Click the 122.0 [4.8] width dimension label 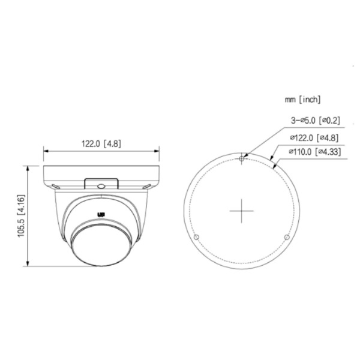click(101, 143)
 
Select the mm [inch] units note click(302, 98)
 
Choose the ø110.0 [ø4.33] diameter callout click(314, 152)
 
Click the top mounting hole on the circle click(241, 159)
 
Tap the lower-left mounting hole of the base click(195, 238)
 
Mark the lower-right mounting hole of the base click(286, 238)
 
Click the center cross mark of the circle click(241, 211)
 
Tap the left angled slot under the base click(56, 186)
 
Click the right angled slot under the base click(147, 186)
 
